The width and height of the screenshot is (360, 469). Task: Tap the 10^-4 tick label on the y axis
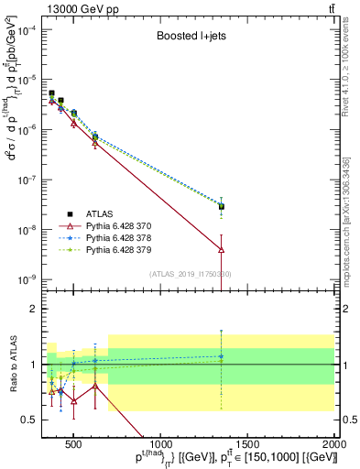[x=29, y=29]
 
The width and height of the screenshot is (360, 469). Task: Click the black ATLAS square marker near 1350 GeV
[x=221, y=206]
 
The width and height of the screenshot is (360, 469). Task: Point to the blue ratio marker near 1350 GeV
[x=221, y=356]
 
